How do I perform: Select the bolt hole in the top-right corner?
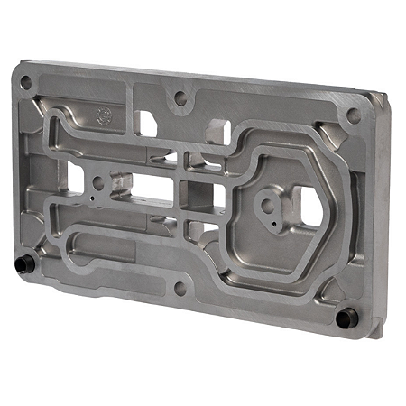click(353, 115)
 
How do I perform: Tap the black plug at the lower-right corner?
click(343, 318)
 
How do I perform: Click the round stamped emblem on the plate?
click(104, 115)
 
